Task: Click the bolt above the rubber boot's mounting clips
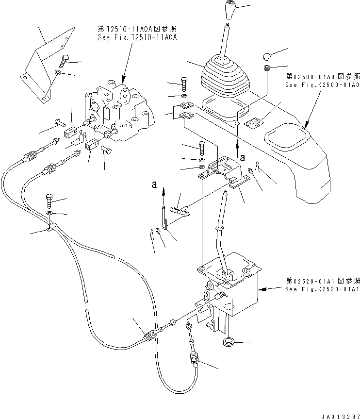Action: click(x=184, y=84)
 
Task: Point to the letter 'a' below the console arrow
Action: click(x=242, y=157)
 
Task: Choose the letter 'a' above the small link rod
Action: click(x=154, y=184)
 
